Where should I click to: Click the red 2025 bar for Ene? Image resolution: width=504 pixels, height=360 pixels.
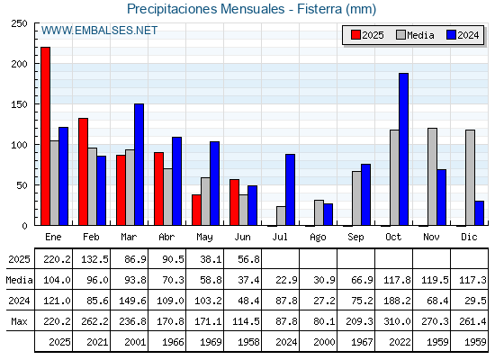45,136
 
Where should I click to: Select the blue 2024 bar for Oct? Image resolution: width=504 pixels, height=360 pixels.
404,149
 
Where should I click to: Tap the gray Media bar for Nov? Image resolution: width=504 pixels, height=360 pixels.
432,176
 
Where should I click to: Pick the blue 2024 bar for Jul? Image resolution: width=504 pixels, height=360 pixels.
290,190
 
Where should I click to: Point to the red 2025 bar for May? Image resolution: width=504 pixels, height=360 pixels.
196,210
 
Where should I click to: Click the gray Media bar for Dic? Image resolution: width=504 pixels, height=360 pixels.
470,178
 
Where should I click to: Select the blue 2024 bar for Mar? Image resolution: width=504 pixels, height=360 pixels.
139,165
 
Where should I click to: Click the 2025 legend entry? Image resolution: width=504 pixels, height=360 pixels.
367,35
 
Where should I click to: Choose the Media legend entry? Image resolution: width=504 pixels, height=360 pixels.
415,35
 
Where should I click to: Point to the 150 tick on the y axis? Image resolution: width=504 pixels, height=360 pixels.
19,104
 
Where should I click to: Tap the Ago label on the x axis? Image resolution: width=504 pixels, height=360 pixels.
318,238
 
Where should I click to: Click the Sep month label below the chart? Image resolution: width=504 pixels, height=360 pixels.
355,238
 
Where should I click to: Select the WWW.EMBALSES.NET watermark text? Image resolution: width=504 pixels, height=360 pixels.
99,31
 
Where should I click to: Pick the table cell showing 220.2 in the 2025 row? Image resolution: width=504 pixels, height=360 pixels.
57,259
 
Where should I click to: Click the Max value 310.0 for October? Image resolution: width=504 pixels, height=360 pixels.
397,321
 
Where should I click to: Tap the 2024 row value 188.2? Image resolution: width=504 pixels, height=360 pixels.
397,301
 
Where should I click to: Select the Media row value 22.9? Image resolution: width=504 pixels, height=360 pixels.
286,280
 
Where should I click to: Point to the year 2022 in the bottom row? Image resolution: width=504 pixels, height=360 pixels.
400,342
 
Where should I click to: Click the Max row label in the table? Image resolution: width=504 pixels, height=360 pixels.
19,321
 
